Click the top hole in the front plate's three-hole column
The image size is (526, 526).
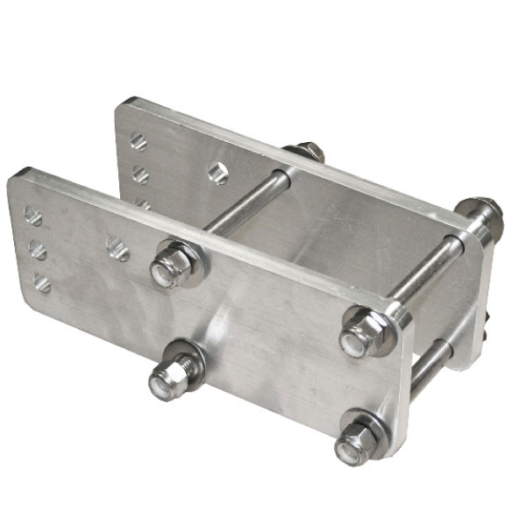[33, 216]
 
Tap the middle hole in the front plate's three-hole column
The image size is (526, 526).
[38, 251]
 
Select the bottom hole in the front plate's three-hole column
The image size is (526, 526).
[42, 282]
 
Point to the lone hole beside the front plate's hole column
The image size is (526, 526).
[117, 249]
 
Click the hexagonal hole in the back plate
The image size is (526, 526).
[217, 173]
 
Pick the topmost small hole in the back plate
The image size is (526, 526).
[138, 141]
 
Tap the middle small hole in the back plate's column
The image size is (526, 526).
[140, 174]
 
